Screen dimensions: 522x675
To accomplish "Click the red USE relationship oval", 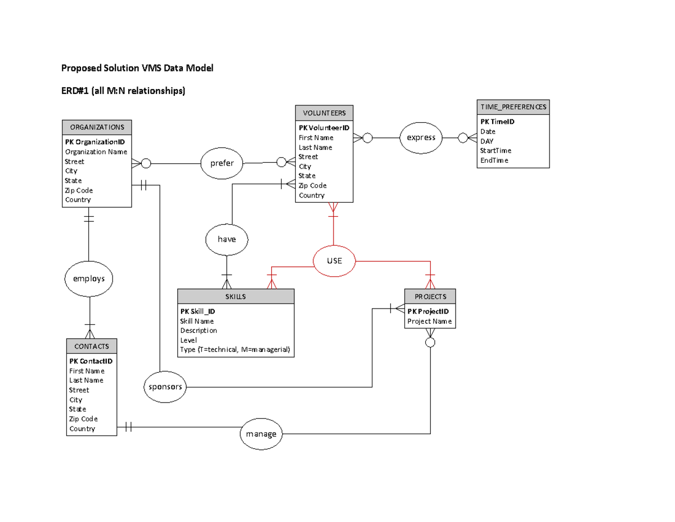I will [335, 261].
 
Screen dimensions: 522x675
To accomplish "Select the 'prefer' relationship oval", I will [222, 164].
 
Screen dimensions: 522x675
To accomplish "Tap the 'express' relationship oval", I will [421, 137].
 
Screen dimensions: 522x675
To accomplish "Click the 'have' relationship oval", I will [226, 239].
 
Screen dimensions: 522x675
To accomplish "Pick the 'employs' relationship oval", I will [89, 279].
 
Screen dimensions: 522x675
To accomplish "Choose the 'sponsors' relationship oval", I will [165, 387].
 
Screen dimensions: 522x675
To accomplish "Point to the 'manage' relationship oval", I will [261, 434].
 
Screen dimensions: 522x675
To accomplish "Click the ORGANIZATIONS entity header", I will [97, 127].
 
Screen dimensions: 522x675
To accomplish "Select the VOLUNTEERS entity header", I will [324, 113].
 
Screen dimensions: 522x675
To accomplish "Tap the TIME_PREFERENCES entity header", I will [512, 107].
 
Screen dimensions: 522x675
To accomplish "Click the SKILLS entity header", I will [236, 297].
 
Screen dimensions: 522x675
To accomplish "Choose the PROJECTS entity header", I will [430, 297].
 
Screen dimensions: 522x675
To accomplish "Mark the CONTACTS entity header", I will [92, 346].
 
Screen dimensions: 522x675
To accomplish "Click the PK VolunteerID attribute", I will [324, 128].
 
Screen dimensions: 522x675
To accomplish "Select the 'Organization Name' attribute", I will [96, 151].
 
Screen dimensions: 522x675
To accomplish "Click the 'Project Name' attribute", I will [429, 322].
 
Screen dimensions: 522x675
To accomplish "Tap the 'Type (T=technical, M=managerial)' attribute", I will [235, 350].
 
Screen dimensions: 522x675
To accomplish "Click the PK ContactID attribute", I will [91, 361].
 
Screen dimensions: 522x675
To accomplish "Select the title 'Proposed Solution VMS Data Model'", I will [137, 69].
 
